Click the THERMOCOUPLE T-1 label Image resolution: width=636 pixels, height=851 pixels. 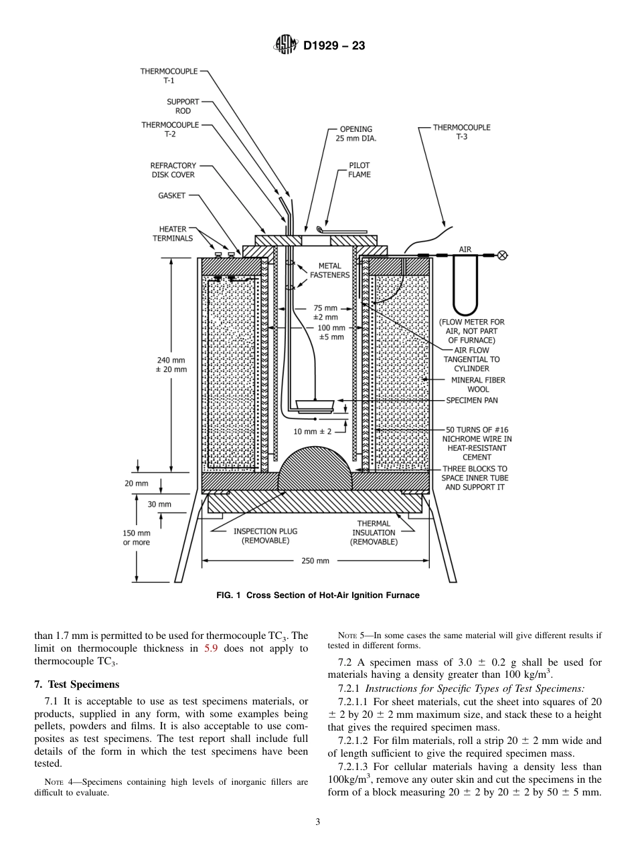[169, 75]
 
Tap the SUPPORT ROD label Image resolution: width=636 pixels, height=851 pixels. [183, 106]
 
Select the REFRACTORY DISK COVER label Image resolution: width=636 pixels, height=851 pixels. [173, 170]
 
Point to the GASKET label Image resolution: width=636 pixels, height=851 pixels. [172, 196]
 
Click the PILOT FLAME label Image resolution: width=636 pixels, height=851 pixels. [359, 170]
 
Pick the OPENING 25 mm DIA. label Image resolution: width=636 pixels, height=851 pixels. [355, 134]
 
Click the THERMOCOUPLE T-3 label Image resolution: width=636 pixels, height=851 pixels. [461, 132]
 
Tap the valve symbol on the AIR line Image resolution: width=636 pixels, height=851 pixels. [502, 255]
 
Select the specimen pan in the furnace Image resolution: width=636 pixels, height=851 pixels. [315, 404]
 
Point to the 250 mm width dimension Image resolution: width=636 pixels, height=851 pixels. [315, 561]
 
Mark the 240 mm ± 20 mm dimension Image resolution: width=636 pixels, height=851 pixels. [171, 365]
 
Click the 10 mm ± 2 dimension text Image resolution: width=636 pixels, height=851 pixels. [313, 432]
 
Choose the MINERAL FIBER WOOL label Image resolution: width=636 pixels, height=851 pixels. [478, 385]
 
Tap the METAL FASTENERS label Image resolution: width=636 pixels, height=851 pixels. [329, 270]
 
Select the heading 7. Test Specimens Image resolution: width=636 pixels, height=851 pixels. [76, 684]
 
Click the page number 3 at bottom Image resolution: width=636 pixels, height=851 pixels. [318, 822]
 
